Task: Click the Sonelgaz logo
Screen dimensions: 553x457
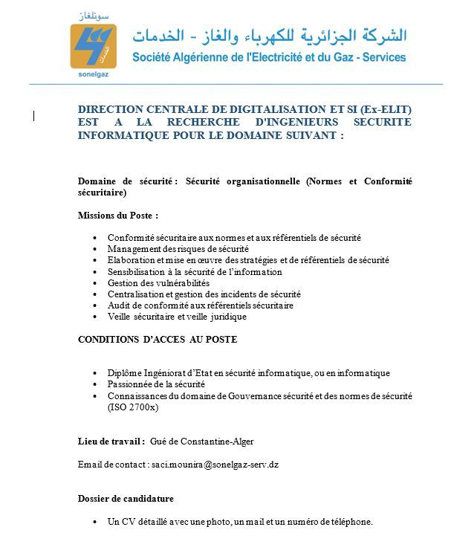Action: click(93, 45)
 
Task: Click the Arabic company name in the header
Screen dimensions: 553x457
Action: click(270, 34)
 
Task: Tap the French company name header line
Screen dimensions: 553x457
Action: click(270, 57)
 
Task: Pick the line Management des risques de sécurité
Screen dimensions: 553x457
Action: click(178, 248)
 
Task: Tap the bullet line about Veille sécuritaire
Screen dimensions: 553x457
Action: click(177, 316)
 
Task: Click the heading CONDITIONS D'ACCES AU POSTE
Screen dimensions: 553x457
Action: click(158, 339)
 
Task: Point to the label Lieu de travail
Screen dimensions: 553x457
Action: click(111, 441)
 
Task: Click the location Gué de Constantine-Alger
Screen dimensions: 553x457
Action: click(202, 441)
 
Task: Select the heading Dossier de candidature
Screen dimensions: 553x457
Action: click(126, 498)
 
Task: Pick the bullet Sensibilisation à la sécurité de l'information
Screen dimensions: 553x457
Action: click(186, 271)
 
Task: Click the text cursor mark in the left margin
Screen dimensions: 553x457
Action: click(34, 114)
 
